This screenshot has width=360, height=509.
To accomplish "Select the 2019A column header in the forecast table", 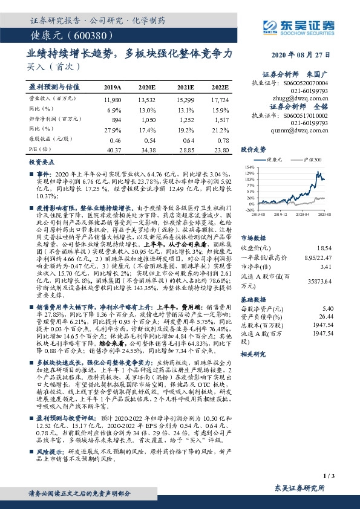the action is pos(113,87).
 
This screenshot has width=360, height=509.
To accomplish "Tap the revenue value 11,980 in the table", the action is pos(113,99).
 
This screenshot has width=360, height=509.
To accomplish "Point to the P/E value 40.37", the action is pos(113,149).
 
